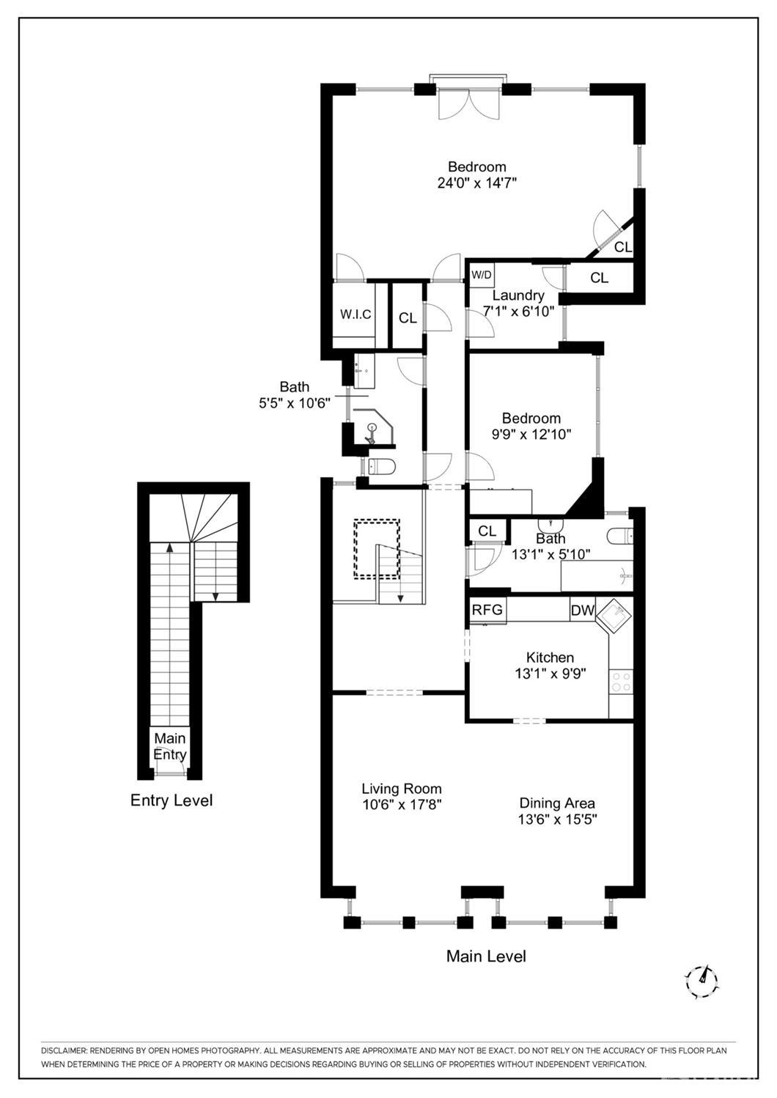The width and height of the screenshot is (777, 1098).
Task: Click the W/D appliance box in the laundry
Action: pyautogui.click(x=482, y=275)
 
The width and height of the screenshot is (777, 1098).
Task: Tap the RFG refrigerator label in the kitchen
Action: pyautogui.click(x=487, y=610)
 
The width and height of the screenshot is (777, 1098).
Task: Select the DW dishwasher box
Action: pyautogui.click(x=582, y=611)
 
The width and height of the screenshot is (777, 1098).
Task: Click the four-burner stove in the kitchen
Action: pyautogui.click(x=621, y=682)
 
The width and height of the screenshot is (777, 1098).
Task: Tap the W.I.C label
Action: pyautogui.click(x=356, y=314)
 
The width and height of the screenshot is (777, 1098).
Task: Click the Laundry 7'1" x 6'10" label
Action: pyautogui.click(x=518, y=303)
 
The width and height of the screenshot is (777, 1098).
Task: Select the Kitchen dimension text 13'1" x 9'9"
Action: pyautogui.click(x=550, y=674)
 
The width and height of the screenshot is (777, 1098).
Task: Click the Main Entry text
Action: pyautogui.click(x=170, y=746)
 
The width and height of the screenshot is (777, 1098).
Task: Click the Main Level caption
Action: pyautogui.click(x=486, y=956)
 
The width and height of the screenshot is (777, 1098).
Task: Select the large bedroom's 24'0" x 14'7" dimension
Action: pyautogui.click(x=477, y=183)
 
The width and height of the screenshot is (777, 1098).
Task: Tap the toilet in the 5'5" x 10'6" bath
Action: pyautogui.click(x=380, y=467)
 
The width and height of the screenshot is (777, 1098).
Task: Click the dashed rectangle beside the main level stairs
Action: pyautogui.click(x=377, y=549)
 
